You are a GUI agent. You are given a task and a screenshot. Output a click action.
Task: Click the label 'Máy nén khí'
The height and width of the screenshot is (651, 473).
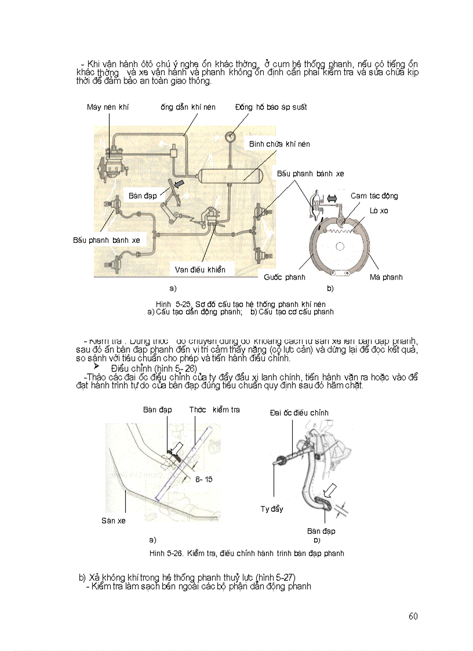[x=107, y=107]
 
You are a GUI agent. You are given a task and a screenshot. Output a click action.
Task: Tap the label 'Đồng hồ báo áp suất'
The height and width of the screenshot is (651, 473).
[x=271, y=107]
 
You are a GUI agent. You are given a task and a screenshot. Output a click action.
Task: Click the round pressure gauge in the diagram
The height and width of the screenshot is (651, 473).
[x=230, y=137]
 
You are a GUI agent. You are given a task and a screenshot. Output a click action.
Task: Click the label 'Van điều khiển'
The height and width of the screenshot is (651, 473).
[x=200, y=270]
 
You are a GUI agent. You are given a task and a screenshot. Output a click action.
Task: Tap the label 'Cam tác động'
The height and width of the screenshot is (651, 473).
[x=374, y=196]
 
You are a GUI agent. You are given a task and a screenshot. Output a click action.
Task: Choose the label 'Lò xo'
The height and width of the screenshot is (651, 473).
[x=379, y=210]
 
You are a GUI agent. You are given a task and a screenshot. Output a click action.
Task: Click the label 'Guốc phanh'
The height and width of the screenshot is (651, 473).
[x=284, y=277]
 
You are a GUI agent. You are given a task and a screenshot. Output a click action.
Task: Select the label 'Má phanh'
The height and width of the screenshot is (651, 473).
[x=385, y=277]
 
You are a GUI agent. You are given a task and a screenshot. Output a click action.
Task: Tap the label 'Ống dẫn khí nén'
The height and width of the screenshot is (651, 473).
[x=187, y=107]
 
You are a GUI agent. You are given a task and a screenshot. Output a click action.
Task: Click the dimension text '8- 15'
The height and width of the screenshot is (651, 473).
[x=204, y=479]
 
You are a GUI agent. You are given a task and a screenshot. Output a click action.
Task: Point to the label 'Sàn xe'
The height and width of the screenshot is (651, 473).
[x=113, y=521]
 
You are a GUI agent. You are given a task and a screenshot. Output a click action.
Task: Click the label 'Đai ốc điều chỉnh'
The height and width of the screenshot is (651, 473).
[x=299, y=413]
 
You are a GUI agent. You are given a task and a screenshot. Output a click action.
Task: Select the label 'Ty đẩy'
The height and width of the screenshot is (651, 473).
[x=271, y=509]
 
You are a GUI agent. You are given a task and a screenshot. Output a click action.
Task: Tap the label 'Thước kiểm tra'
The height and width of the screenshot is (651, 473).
[x=214, y=410]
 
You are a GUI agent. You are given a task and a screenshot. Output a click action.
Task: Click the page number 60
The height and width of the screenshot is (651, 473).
[x=413, y=616]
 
